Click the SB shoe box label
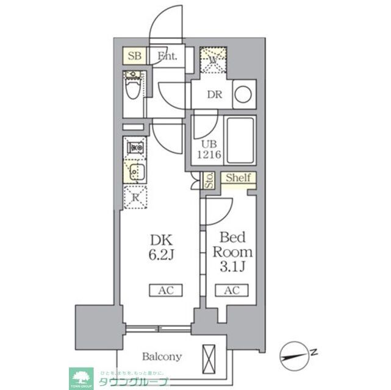coord(134,57)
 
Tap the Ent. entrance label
coord(167,57)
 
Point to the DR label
coord(213,95)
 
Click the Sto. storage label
coord(209,180)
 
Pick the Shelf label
coord(238,178)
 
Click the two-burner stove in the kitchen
coord(135,147)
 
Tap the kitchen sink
coord(135,171)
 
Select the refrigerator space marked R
coord(135,196)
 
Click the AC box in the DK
coord(162,290)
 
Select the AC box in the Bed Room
coord(231,290)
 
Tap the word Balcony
coord(162,356)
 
